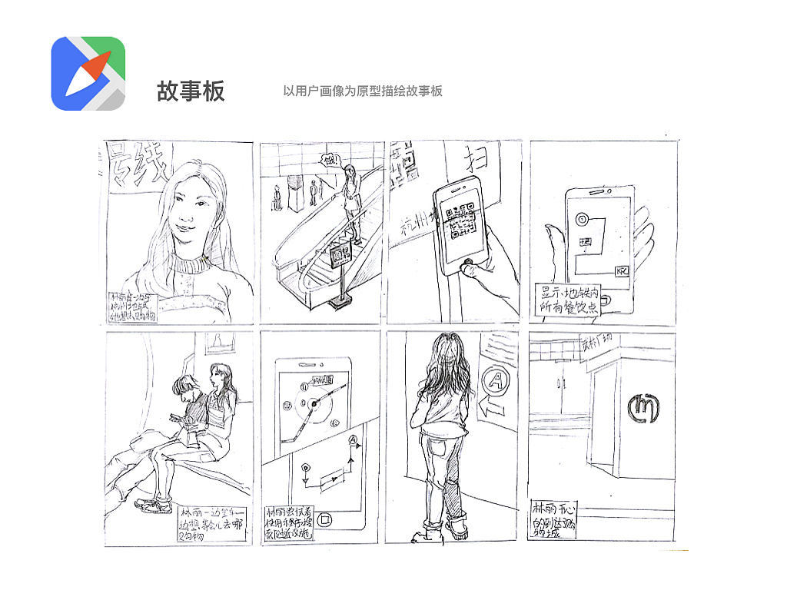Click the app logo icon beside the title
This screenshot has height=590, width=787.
(88, 73)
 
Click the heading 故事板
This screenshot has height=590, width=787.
(191, 91)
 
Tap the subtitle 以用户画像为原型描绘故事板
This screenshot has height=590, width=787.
(363, 91)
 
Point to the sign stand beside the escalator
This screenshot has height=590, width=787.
(339, 273)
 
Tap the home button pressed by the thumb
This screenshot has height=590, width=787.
(466, 267)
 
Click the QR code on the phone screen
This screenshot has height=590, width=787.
(463, 224)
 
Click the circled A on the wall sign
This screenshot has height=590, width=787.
(494, 380)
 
